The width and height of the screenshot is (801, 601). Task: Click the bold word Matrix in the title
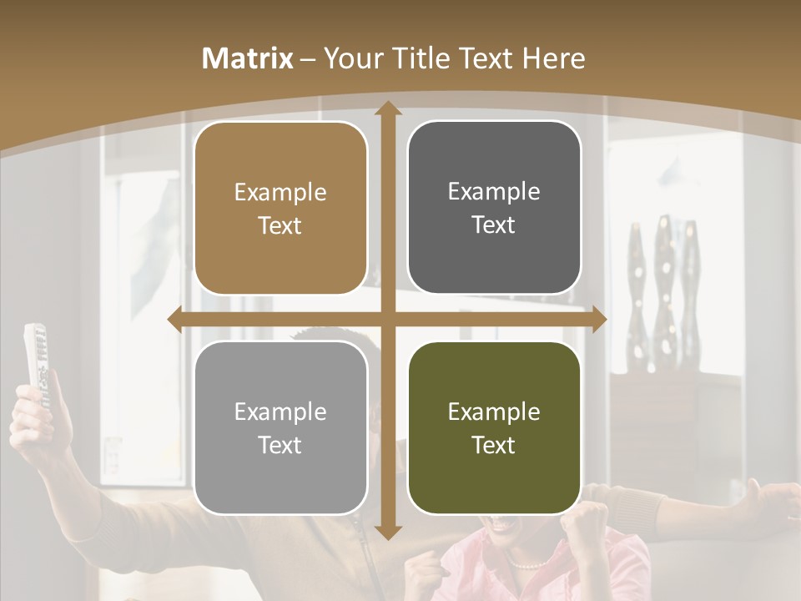click(248, 58)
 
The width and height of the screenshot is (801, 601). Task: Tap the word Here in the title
click(553, 58)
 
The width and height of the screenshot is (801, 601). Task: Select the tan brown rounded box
click(280, 209)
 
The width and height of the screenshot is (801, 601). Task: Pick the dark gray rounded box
click(494, 208)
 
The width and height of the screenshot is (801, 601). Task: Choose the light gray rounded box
click(280, 427)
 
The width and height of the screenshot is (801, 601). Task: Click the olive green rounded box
click(494, 427)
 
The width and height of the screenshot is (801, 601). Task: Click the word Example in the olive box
click(494, 412)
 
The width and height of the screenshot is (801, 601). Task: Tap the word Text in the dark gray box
click(494, 225)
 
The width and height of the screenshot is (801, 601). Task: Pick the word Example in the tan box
click(280, 193)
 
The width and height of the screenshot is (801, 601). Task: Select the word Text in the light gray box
click(280, 445)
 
